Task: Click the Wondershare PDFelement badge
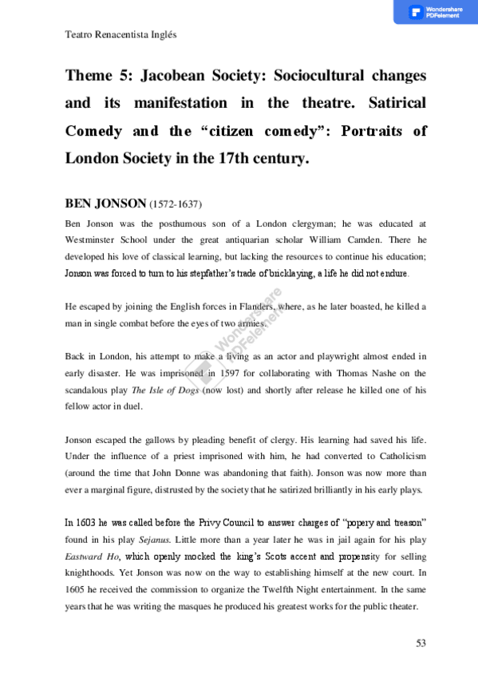[435, 12]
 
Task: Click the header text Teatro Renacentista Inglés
[119, 35]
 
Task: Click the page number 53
[421, 643]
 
